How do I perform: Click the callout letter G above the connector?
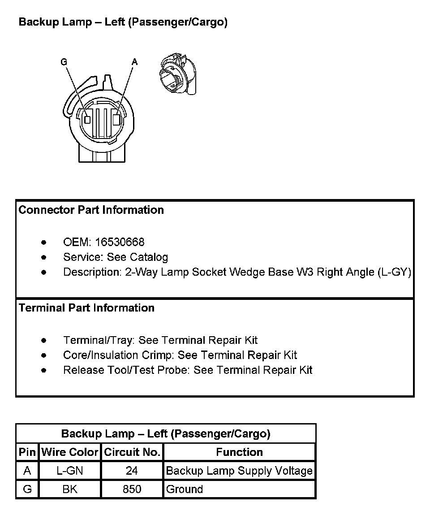[x=64, y=62]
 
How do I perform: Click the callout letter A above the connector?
[x=134, y=62]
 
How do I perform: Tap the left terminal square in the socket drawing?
[x=88, y=120]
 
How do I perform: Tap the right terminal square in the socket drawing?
[x=116, y=120]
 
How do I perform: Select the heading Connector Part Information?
[x=91, y=210]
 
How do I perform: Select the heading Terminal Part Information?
[x=86, y=307]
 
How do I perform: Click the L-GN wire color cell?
[x=70, y=471]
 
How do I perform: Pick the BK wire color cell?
[x=70, y=489]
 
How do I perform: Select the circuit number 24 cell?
[x=132, y=471]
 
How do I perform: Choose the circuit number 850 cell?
[x=132, y=489]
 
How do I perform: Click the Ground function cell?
[x=185, y=489]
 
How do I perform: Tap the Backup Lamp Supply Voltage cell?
[x=239, y=471]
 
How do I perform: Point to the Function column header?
[x=239, y=452]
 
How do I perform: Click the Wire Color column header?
[x=70, y=452]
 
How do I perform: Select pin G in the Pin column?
[x=27, y=489]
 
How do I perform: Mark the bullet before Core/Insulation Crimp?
[x=43, y=355]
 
